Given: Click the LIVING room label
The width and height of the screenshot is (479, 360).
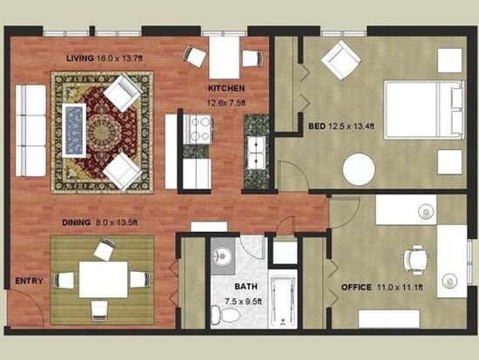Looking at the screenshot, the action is point(80,58).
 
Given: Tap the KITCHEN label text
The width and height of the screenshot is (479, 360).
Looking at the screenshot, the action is point(226,88).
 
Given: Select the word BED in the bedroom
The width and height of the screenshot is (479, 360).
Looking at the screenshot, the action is point(317,126).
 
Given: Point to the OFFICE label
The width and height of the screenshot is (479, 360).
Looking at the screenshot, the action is point(356,287).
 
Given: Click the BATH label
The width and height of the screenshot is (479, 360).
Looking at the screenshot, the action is point(246,287).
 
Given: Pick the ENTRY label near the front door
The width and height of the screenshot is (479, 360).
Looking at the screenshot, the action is point(29,281).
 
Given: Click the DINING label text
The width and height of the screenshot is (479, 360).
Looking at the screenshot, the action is point(76,222).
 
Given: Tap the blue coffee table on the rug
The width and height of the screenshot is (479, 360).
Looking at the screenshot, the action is point(74,130).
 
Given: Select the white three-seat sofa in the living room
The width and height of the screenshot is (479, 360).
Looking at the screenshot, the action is point(30,131).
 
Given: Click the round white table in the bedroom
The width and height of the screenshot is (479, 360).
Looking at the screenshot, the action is point(359,169).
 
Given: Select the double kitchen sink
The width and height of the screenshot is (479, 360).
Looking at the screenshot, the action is point(256,153).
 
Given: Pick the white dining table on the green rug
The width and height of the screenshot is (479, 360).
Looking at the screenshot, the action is point(104,279).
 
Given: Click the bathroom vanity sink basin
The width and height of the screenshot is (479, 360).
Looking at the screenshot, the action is point(222,255).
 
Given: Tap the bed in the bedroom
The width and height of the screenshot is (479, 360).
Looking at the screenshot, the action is point(424,110).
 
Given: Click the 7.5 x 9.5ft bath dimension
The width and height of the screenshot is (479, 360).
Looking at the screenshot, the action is point(243,302).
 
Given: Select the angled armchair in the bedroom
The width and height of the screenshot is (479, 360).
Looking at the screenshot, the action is point(341,60).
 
